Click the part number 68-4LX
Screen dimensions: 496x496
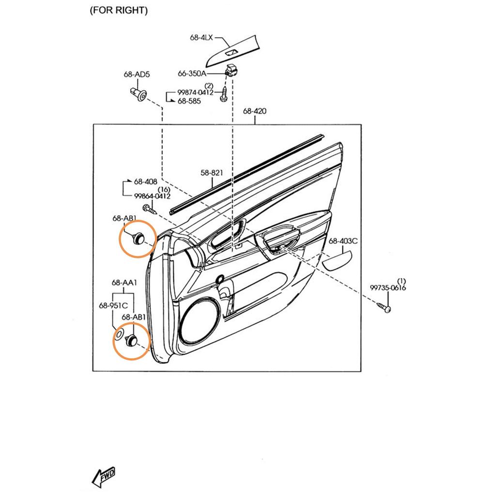click(201, 37)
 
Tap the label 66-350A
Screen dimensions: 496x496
click(192, 74)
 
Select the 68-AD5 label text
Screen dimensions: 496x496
click(137, 75)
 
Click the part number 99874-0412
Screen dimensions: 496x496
click(195, 93)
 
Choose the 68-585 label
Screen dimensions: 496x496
click(189, 101)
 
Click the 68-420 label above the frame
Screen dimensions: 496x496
click(254, 111)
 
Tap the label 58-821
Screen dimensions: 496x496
click(213, 172)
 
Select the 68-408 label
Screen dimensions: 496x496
click(145, 182)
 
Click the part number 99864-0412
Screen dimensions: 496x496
click(152, 196)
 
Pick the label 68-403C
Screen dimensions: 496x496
click(343, 241)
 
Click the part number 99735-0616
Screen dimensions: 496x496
click(388, 288)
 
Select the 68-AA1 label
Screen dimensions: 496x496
click(124, 283)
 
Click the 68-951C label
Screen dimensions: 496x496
click(113, 306)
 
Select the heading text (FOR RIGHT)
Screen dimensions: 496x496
click(118, 10)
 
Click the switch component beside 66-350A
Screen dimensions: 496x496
click(231, 70)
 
